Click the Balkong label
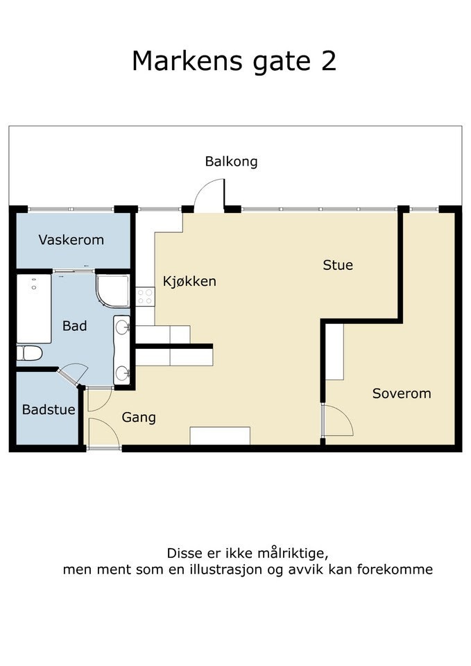[231, 162]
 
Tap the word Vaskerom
[71, 240]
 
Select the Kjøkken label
[189, 281]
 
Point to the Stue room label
[338, 265]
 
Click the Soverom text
[402, 393]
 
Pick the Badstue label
[49, 409]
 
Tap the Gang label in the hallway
[139, 418]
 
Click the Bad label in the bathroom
[75, 325]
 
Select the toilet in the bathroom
[30, 353]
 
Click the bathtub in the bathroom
[33, 308]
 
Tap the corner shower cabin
[112, 291]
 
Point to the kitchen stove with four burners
[145, 297]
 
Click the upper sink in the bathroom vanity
[122, 326]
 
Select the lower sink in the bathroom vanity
[123, 373]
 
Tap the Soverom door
[338, 420]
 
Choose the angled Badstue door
[71, 375]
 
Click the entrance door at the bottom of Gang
[103, 434]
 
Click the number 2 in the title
[327, 61]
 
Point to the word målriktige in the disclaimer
[289, 554]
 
